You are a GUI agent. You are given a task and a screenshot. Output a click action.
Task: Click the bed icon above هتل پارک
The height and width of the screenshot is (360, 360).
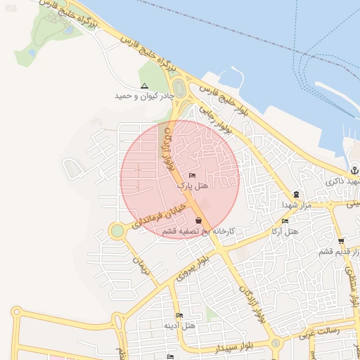193,175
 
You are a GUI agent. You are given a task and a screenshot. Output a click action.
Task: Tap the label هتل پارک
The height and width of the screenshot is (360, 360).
192,185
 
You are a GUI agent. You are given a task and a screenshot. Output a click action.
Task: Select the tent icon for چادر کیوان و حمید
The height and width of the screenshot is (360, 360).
144,86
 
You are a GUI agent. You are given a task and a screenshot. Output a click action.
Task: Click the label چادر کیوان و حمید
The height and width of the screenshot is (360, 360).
143,95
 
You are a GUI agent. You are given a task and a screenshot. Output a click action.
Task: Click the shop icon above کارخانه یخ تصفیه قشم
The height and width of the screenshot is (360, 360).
198,221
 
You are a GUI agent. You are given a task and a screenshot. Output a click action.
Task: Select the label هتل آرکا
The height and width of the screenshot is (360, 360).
285,231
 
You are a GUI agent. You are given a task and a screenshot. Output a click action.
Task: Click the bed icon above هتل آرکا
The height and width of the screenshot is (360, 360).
285,221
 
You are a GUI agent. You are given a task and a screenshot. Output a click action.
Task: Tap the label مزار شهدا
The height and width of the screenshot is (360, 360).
296,205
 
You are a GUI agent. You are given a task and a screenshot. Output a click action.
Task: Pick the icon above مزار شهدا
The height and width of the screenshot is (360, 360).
296,195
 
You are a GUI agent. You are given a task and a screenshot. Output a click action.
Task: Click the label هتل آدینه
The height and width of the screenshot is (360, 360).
179,326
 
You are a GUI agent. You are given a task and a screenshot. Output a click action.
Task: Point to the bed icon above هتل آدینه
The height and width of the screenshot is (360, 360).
179,316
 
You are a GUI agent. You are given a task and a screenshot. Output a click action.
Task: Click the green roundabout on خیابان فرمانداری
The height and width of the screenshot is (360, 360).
117,231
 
